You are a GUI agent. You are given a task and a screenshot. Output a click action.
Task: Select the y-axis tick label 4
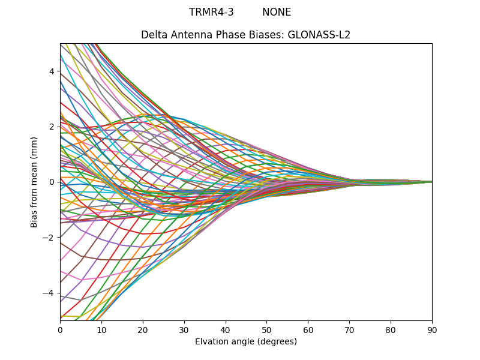pyautogui.click(x=52, y=71)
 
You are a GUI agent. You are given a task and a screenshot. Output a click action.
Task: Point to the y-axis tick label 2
pyautogui.click(x=52, y=127)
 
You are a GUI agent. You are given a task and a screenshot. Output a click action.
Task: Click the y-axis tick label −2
pyautogui.click(x=50, y=238)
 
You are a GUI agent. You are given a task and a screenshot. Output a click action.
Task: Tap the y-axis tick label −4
pyautogui.click(x=50, y=293)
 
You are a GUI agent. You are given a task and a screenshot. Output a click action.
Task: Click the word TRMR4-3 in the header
pyautogui.click(x=211, y=12)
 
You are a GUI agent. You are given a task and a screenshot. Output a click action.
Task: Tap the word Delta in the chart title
pyautogui.click(x=154, y=35)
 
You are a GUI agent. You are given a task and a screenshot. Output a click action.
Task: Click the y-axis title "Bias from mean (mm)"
pyautogui.click(x=34, y=182)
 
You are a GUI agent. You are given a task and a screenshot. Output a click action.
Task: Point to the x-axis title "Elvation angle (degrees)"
pyautogui.click(x=246, y=341)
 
